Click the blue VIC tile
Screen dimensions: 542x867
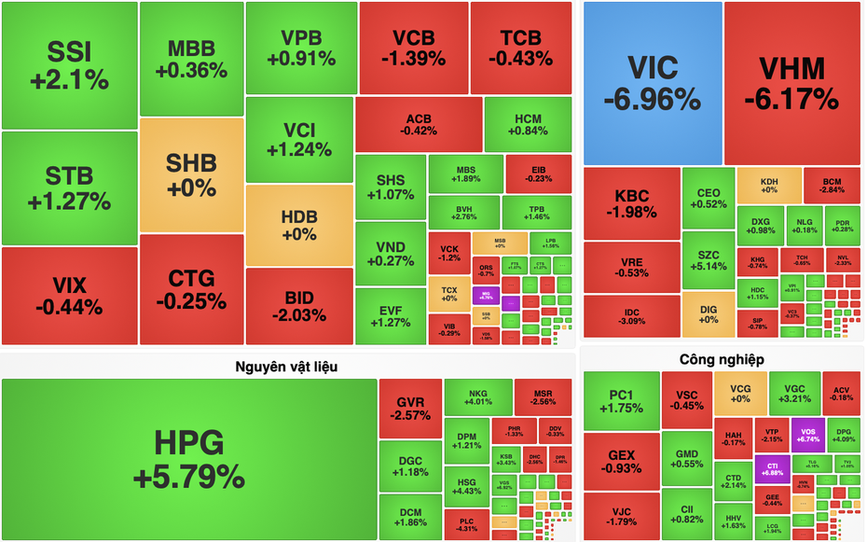click(653, 82)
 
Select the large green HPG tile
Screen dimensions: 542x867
click(189, 459)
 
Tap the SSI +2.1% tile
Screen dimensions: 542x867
click(69, 65)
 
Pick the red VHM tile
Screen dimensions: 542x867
click(792, 82)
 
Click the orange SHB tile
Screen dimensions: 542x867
click(191, 174)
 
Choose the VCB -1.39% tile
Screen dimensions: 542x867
click(413, 47)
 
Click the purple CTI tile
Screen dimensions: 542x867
click(772, 468)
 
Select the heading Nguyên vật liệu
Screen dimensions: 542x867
click(286, 367)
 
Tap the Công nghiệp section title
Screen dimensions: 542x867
click(722, 359)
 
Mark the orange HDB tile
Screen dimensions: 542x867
click(299, 225)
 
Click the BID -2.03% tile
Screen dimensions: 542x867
click(299, 306)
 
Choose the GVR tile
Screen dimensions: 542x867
click(410, 409)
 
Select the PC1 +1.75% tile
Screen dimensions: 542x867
click(621, 401)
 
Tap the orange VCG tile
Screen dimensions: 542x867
click(740, 393)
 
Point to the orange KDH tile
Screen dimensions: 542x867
click(769, 185)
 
